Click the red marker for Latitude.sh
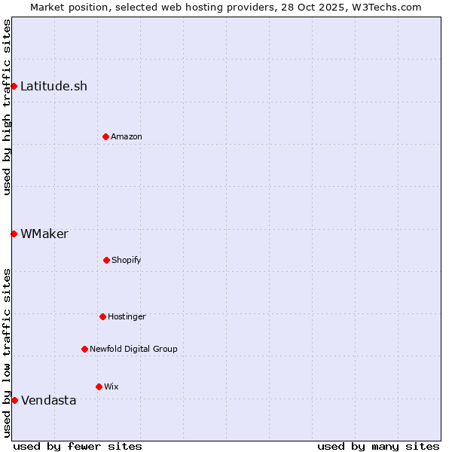click(x=14, y=86)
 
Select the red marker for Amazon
click(x=105, y=136)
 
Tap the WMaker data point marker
click(x=14, y=234)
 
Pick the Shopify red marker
click(x=106, y=260)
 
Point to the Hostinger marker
click(x=102, y=316)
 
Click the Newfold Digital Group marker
click(x=84, y=349)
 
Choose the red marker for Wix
click(x=99, y=386)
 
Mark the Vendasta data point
click(x=14, y=400)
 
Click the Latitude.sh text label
click(x=53, y=86)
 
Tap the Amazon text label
click(x=127, y=136)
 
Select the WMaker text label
click(x=44, y=234)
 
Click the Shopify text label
click(x=127, y=260)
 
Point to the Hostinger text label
click(x=127, y=316)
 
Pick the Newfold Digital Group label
click(x=133, y=349)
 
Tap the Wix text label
click(x=111, y=386)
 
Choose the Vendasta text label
click(x=48, y=400)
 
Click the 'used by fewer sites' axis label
click(x=78, y=446)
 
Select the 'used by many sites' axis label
click(x=378, y=446)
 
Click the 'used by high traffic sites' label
click(x=7, y=107)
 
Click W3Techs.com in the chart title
click(x=385, y=7)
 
